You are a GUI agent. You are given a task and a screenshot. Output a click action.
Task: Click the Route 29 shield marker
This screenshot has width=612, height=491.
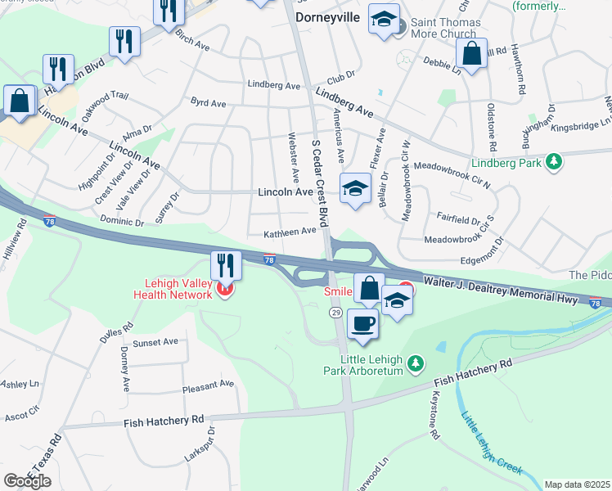point(335,313)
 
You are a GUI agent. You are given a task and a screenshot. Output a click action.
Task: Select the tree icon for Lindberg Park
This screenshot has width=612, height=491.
point(555,162)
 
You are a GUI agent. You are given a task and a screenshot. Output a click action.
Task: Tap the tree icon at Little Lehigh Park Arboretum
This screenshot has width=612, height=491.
point(416,362)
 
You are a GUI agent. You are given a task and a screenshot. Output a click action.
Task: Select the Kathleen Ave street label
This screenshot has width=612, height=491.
point(290,232)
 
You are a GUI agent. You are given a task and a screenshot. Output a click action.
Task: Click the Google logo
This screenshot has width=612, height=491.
point(27,480)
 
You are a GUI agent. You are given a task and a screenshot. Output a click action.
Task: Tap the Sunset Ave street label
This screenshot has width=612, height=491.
point(156,341)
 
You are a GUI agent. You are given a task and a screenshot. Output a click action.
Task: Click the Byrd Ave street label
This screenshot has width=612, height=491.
point(208,104)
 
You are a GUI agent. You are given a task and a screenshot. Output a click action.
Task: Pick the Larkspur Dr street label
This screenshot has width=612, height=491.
point(210,444)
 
